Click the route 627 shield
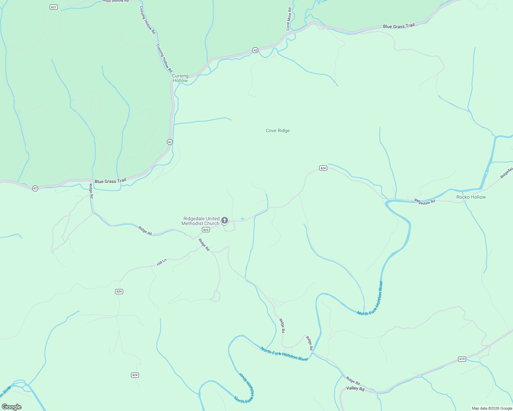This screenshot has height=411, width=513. coord(53,7)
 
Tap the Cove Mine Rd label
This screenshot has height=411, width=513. coord(289,19)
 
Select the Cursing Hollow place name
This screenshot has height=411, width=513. coord(180,78)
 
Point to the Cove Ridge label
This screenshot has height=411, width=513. coord(277,130)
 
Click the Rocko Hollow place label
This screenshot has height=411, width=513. coord(471,197)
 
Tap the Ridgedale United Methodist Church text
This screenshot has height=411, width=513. coord(201,221)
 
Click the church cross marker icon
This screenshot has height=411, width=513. coord(225,220)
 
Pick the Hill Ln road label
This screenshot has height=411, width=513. coord(162,262)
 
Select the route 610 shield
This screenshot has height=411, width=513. coord(462,359)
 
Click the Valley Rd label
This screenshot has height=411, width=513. coord(355,388)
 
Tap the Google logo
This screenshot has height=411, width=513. coord(12,407)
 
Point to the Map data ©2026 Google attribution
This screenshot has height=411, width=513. coord(491,408)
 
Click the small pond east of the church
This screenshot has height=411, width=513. coord(243,219)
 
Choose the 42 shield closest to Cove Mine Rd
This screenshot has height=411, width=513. coord(255,50)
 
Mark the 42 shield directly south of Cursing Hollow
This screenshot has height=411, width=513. coord(170,142)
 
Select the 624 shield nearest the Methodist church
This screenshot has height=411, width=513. coord(206,230)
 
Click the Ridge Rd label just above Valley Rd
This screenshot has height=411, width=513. coord(353,381)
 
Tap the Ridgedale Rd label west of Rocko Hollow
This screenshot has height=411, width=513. coord(425,201)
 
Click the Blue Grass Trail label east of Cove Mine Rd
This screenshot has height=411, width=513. coord(398,26)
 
